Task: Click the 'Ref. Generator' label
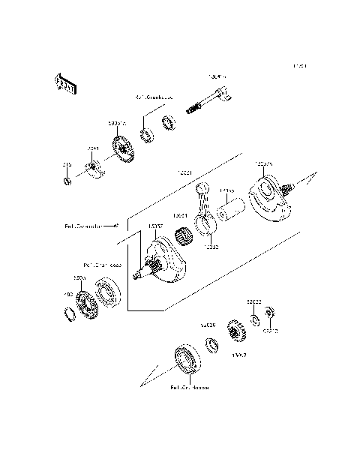(x=82, y=224)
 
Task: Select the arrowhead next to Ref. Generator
(x=115, y=224)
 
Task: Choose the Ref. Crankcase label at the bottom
(x=189, y=388)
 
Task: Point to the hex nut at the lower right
(x=271, y=312)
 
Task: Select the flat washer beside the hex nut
(x=256, y=321)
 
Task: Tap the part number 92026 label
(x=207, y=325)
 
